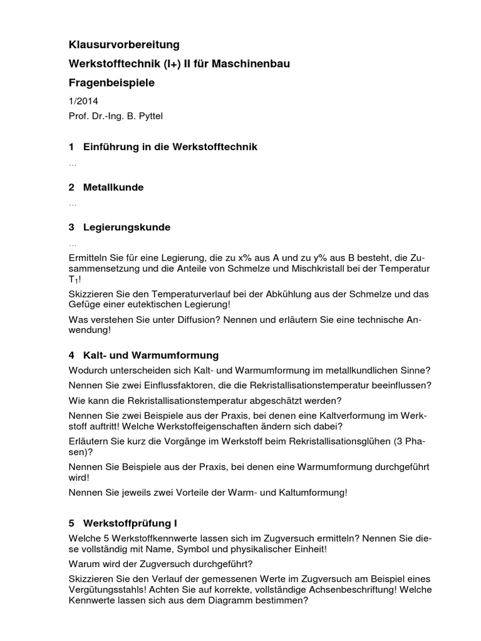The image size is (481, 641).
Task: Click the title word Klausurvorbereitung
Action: (124, 44)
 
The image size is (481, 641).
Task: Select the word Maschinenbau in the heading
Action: (255, 64)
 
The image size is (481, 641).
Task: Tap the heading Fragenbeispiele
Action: (111, 83)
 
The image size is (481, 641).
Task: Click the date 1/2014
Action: (83, 101)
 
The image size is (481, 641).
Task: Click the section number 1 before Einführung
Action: (71, 147)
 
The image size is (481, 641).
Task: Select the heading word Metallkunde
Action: (113, 187)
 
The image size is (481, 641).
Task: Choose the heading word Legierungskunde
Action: (127, 227)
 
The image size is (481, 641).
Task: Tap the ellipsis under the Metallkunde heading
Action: (73, 203)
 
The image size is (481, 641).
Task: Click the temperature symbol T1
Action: (75, 279)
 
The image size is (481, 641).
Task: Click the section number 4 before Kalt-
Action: (71, 356)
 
